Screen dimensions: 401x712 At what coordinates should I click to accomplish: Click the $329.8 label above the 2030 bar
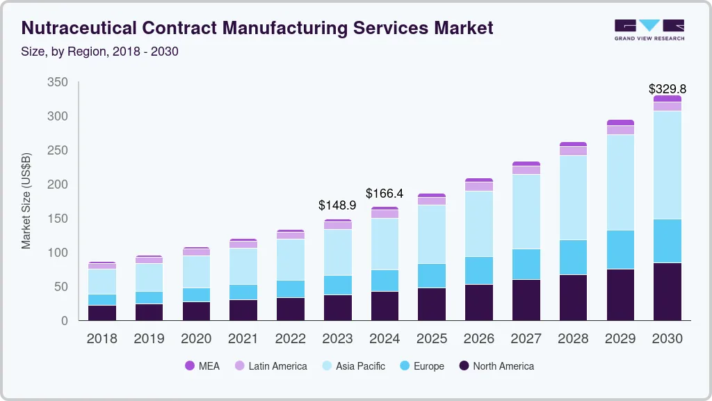click(667, 89)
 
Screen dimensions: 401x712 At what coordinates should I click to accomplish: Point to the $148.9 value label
click(337, 205)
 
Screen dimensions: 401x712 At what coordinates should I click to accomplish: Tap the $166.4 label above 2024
click(385, 194)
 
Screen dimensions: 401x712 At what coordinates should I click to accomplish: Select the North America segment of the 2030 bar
click(667, 292)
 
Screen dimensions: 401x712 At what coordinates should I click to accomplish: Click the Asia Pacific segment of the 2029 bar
click(620, 182)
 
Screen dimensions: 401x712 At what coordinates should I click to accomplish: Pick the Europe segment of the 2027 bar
click(526, 265)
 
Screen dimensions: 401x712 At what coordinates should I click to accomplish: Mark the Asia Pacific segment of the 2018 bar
click(102, 282)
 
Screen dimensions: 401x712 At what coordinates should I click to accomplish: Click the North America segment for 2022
click(290, 309)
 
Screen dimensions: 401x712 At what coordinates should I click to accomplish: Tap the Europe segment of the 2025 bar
click(431, 276)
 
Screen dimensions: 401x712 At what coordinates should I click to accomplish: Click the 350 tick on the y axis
click(57, 82)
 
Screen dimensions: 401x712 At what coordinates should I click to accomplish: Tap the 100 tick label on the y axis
click(57, 253)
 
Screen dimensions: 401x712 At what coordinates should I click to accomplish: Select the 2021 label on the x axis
click(243, 339)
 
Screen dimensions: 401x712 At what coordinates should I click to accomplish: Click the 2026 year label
click(478, 339)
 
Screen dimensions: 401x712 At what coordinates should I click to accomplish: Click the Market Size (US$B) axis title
click(26, 201)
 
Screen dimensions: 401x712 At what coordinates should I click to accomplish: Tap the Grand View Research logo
click(649, 29)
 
